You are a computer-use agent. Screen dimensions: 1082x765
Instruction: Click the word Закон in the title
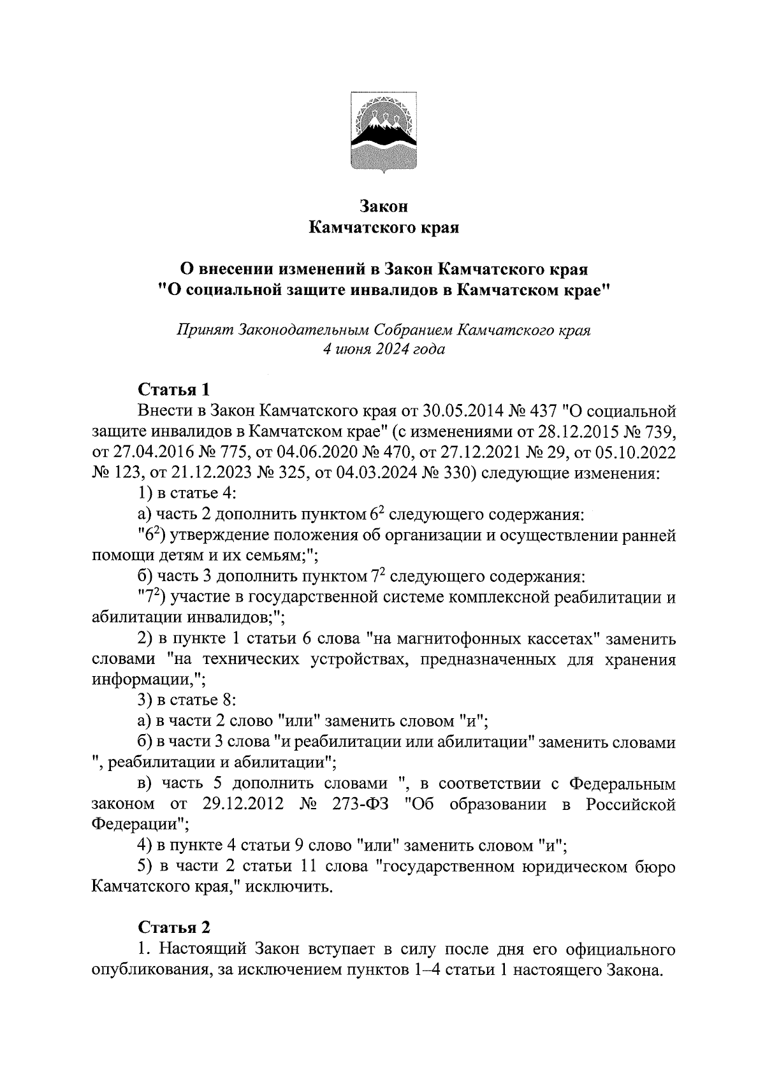pyautogui.click(x=382, y=206)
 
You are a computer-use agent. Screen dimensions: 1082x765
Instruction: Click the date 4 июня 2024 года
pyautogui.click(x=383, y=350)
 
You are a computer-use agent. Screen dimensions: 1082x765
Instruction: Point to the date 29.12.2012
pyautogui.click(x=240, y=804)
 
